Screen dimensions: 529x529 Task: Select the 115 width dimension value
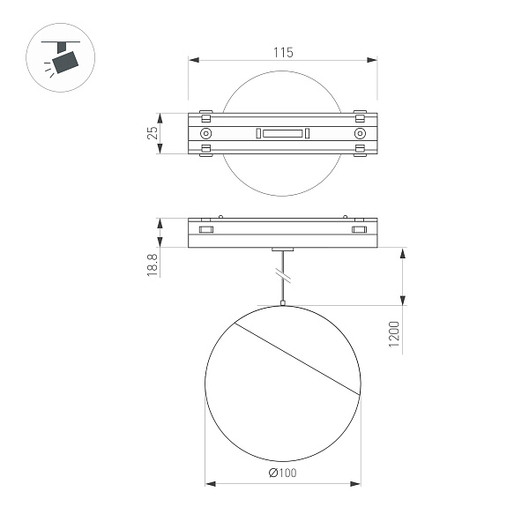tap(282, 53)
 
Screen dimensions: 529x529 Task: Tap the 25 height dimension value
tap(153, 133)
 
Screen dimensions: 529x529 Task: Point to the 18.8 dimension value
tap(153, 265)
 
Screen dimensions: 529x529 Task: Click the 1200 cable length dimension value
tap(394, 336)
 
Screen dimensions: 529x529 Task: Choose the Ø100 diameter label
tap(282, 473)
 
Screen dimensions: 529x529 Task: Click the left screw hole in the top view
tap(206, 133)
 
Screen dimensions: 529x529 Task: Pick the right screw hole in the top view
tap(359, 133)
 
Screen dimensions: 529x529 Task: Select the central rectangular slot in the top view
tap(282, 133)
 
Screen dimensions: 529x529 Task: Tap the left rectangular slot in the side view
tap(206, 230)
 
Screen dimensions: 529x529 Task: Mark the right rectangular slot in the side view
tap(359, 230)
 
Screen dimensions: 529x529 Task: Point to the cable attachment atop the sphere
tap(282, 304)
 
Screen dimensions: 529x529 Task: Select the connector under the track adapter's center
tap(282, 250)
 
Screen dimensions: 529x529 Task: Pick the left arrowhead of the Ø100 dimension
tap(210, 483)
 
